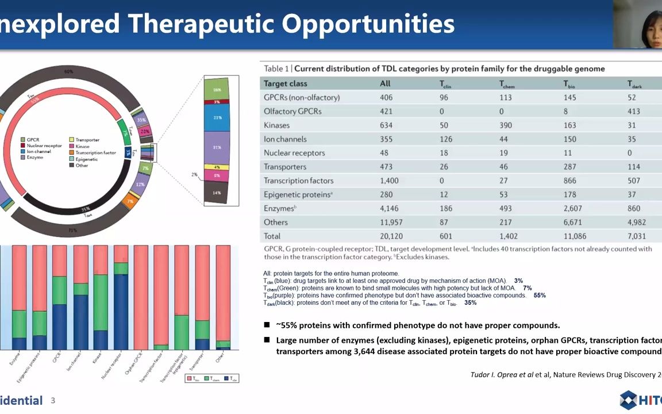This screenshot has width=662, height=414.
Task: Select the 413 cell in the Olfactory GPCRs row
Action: [x=636, y=112]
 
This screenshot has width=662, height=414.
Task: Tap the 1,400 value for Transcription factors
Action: [x=390, y=181]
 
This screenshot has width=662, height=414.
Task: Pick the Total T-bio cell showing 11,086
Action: [x=576, y=236]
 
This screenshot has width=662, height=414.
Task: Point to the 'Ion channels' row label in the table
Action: [x=285, y=139]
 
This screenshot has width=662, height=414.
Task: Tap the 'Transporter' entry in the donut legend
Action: [x=87, y=140]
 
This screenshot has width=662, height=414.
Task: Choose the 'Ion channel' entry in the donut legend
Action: [x=39, y=152]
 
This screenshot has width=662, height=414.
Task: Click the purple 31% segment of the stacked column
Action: [x=217, y=147]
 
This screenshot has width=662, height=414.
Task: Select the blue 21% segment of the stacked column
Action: [x=217, y=117]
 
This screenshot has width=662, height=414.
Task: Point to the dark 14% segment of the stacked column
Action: [x=217, y=193]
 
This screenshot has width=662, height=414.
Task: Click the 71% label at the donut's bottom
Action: [x=72, y=231]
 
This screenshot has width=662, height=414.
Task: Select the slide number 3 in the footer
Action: [x=53, y=400]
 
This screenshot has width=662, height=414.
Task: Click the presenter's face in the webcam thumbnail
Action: [x=638, y=23]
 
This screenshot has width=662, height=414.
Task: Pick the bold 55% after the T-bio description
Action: [x=539, y=296]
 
